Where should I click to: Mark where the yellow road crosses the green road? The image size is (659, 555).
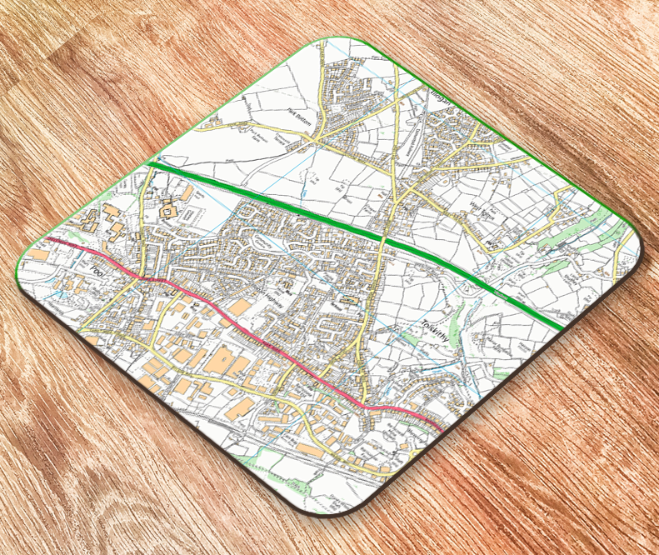click(384, 241)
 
